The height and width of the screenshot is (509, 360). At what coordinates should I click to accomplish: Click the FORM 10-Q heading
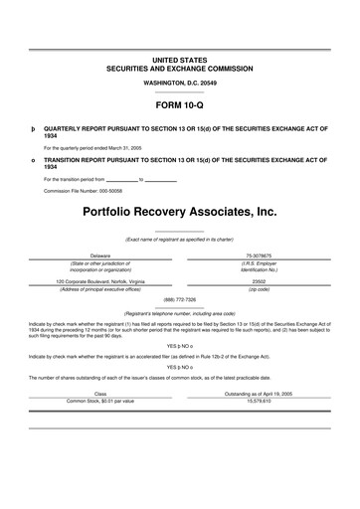[179, 103]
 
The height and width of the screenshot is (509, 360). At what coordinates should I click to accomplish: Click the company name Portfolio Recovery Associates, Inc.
[179, 212]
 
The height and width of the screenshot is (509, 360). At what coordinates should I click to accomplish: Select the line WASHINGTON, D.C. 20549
[179, 83]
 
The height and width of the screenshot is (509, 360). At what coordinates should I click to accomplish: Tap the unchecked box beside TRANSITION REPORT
[33, 159]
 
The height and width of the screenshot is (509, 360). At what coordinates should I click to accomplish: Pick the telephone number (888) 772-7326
[179, 299]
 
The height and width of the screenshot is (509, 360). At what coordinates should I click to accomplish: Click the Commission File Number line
[89, 190]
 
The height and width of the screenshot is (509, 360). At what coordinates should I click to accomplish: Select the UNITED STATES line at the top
[179, 62]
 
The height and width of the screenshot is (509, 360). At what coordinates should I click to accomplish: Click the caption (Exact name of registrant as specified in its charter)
[179, 240]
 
